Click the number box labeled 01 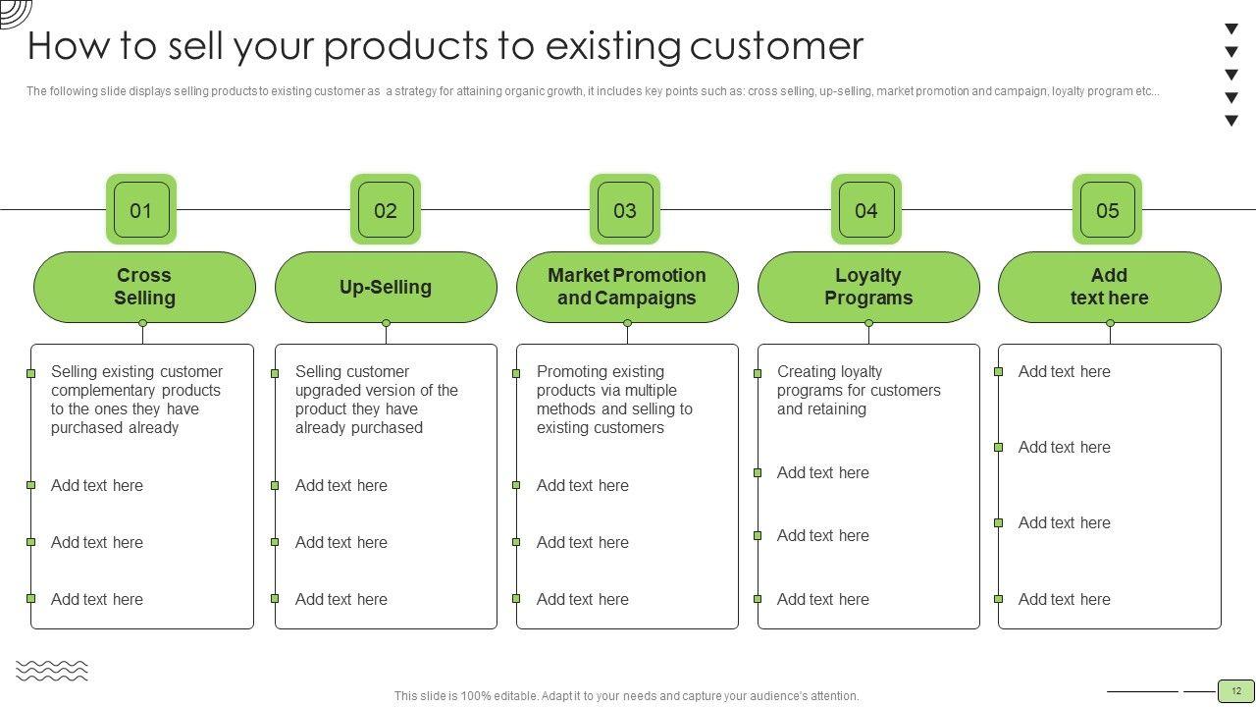click(141, 209)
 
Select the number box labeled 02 click(386, 209)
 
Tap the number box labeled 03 click(625, 209)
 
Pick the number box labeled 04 click(866, 209)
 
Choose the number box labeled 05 click(1108, 209)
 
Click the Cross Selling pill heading click(144, 287)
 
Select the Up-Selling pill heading click(386, 287)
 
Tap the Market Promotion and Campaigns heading click(627, 287)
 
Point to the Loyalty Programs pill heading click(868, 287)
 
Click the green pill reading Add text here click(1110, 287)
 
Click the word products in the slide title click(406, 47)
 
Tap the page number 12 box click(1236, 691)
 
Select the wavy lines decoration click(52, 671)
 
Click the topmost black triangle click(1231, 28)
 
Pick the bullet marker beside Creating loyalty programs click(758, 373)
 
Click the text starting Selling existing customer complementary click(136, 400)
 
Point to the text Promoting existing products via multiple click(614, 400)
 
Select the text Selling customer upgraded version click(376, 400)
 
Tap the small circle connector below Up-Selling click(386, 323)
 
